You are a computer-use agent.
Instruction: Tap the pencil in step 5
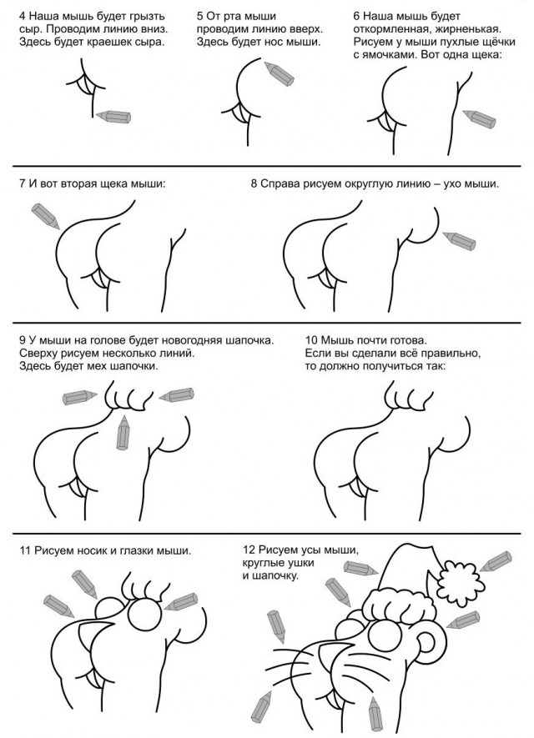(x=280, y=73)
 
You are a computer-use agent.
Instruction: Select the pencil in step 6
(x=479, y=118)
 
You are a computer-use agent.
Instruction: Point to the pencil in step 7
(x=46, y=216)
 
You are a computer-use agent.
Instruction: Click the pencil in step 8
(x=459, y=240)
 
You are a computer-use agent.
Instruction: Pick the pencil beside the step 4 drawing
(x=113, y=116)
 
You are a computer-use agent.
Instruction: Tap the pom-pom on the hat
(x=461, y=583)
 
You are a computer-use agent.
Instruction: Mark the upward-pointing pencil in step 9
(x=123, y=433)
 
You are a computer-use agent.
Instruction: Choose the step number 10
(x=310, y=340)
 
